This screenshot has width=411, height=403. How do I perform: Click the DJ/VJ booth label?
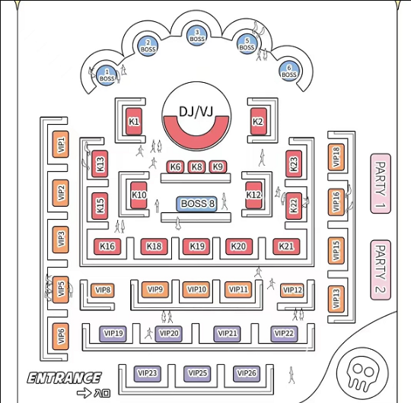[x=196, y=112]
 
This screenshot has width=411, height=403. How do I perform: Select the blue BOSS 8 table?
[x=197, y=204]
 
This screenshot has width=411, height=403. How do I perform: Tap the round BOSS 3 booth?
[x=197, y=36]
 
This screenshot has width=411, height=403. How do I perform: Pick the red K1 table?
[x=134, y=122]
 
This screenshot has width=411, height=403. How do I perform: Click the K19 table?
[x=196, y=246]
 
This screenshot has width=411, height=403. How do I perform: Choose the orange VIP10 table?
[x=196, y=290]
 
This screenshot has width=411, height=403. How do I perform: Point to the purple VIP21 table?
[x=227, y=333]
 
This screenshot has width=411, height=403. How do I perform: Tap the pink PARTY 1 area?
[x=381, y=183]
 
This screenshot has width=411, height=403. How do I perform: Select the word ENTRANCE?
[x=64, y=378]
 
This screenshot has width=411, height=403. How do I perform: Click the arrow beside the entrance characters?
[x=84, y=393]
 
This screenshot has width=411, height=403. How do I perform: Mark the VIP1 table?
[x=61, y=144]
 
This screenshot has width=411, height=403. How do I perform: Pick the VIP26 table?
[x=247, y=373]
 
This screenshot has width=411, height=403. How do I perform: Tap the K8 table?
[x=196, y=167]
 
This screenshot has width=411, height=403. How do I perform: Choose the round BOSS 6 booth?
[x=289, y=71]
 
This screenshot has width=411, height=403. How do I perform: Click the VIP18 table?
[x=336, y=157]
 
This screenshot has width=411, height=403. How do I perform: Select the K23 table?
[x=294, y=164]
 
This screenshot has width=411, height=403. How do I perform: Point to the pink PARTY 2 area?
[x=381, y=270]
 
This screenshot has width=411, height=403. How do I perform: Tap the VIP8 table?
[x=103, y=290]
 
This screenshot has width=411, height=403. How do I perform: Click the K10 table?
[x=139, y=195]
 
